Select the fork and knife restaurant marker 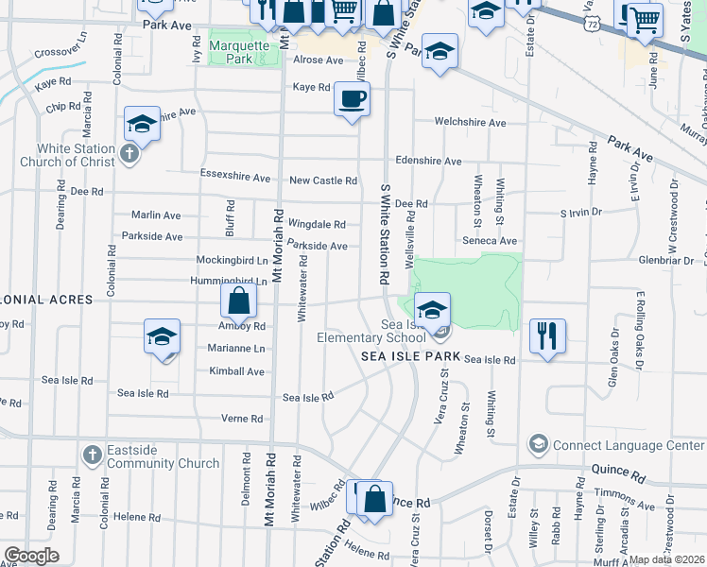coord(547,335)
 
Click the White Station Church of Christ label coord(67,155)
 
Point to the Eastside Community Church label coord(164,457)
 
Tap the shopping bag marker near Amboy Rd coord(239,301)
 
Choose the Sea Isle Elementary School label coord(371,331)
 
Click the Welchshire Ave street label coord(470,123)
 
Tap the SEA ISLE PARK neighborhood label coord(410,357)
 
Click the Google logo coord(31,556)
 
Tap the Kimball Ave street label coord(236,371)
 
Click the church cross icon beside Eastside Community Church coord(92,455)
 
